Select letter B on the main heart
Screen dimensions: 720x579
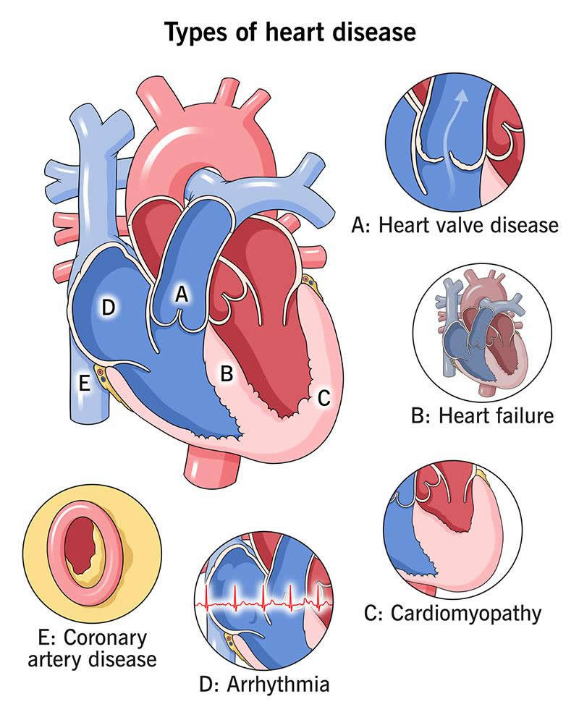click(226, 374)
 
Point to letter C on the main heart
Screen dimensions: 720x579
click(324, 397)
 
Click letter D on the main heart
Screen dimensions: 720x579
click(109, 308)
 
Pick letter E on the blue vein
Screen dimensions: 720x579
click(85, 384)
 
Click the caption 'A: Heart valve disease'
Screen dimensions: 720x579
click(455, 225)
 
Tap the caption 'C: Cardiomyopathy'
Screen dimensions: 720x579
click(453, 614)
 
